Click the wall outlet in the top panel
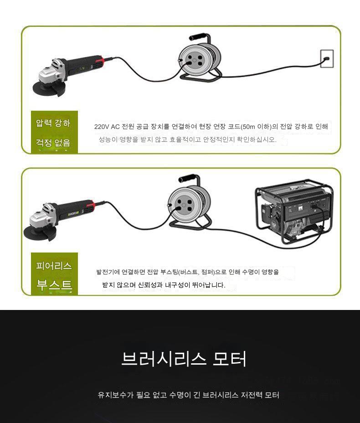point(327,59)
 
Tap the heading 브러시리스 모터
point(184,359)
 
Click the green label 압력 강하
point(53,123)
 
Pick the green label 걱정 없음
point(53,142)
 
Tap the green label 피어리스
point(54,266)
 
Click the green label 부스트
point(55,285)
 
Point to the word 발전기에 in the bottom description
point(108,272)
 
